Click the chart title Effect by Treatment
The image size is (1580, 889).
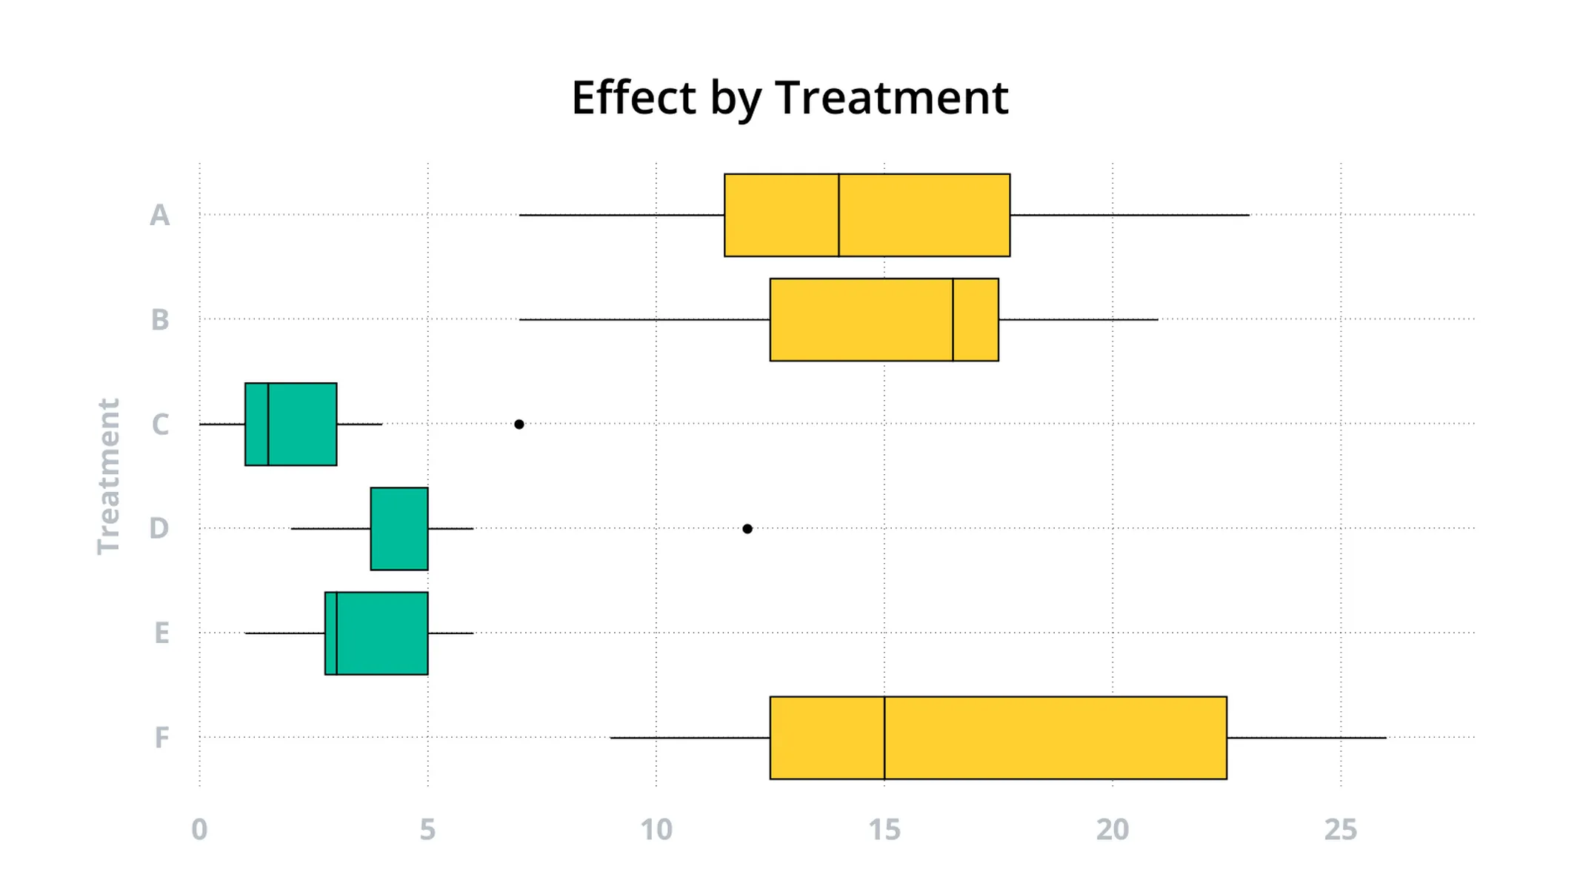(x=790, y=98)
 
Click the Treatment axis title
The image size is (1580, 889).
(x=109, y=476)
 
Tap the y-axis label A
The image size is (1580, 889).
(x=160, y=216)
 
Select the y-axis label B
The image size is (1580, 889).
(x=160, y=320)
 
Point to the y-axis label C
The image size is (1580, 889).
(x=160, y=424)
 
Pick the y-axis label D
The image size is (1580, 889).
(x=159, y=529)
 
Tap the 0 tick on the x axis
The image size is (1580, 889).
(x=199, y=830)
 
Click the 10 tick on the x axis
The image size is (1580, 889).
(x=656, y=830)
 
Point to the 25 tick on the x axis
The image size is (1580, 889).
(x=1341, y=830)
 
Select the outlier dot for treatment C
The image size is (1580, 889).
(x=519, y=424)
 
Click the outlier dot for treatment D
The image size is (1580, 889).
(x=747, y=529)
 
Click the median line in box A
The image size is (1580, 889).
(x=839, y=216)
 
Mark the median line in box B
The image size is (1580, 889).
(x=953, y=320)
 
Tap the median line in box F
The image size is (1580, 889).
(x=884, y=738)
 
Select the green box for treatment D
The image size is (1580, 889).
(x=399, y=529)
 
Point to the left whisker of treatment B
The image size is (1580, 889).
(x=644, y=320)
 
